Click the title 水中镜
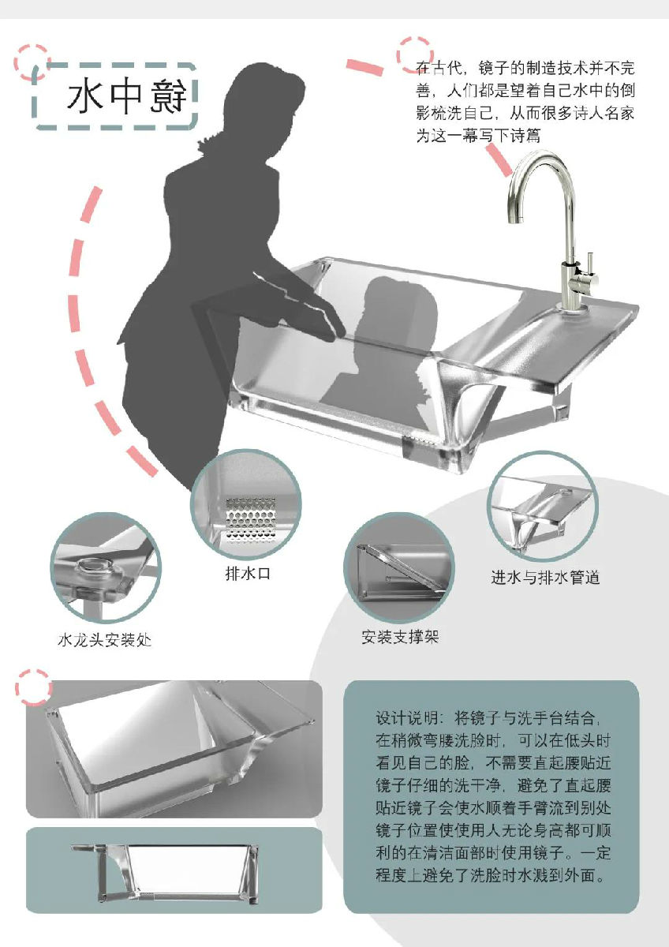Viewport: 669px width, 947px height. pos(127,96)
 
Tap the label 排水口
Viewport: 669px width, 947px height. pos(248,574)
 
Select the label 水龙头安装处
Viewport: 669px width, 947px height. pos(104,640)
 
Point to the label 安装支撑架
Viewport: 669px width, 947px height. pos(400,637)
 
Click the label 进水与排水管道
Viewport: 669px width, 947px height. pos(545,577)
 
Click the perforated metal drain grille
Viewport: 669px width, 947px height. pos(251,520)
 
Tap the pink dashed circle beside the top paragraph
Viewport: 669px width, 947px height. pos(415,54)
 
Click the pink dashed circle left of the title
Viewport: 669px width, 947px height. pos(32,62)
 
